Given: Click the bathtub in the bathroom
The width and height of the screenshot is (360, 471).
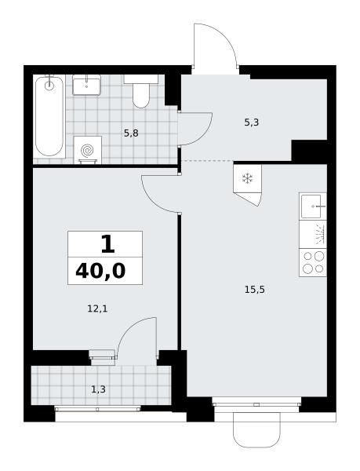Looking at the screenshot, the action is [49, 116].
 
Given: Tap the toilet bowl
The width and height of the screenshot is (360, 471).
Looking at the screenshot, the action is [141, 96].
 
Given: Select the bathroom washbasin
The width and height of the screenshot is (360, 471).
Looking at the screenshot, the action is [87, 85].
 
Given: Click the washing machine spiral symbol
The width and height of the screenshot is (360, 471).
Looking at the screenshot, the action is [88, 150].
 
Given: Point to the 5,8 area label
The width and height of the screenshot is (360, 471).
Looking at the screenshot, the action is [131, 133].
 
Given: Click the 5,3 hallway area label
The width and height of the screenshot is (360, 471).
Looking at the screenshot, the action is [252, 122].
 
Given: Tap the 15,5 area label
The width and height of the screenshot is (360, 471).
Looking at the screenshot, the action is [255, 290].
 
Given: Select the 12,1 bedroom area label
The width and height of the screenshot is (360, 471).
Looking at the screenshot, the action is [97, 309].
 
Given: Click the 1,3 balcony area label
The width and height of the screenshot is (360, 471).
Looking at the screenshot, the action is [98, 389].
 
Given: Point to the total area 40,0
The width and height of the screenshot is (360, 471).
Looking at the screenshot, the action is [100, 271].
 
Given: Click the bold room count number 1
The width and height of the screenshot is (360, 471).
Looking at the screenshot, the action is [108, 244].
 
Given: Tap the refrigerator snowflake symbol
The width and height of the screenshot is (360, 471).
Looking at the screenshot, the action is [248, 179].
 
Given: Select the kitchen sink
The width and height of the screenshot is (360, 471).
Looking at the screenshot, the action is [312, 206].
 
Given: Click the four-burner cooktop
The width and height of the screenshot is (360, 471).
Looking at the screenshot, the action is [313, 262].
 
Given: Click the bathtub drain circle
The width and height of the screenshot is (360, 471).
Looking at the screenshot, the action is [49, 86].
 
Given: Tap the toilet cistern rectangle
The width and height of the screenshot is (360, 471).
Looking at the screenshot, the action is [141, 79].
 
